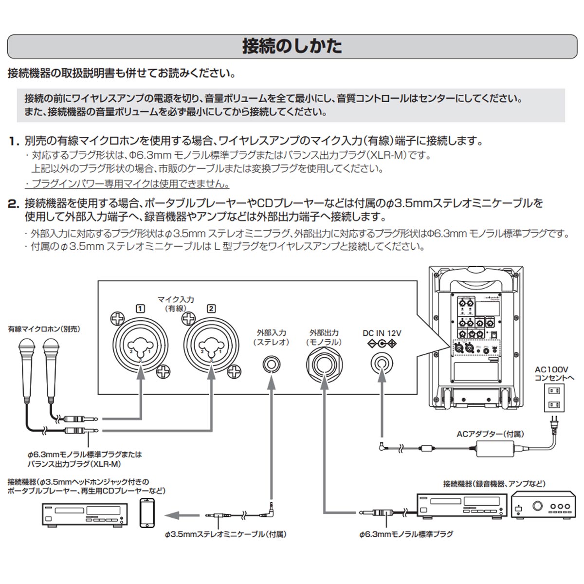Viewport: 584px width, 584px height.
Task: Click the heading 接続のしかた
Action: coord(292,46)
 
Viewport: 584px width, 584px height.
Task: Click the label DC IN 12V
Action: coord(382,333)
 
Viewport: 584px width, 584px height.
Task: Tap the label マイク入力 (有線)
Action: coord(176,304)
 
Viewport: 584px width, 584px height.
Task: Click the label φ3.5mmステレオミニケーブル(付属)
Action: coord(225,534)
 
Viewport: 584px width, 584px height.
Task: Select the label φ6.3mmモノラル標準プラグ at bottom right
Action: coord(406,534)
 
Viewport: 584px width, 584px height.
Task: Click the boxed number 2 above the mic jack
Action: coord(211,308)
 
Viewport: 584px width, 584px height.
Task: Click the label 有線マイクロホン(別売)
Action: coord(44,329)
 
